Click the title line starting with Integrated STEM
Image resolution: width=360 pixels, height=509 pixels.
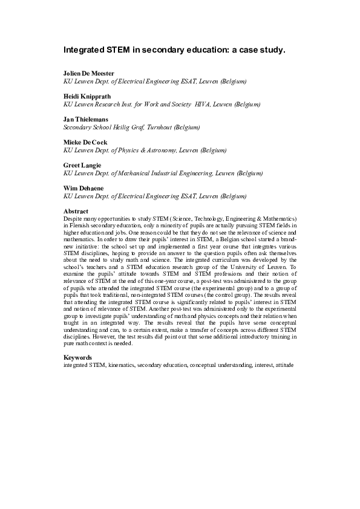pos(174,50)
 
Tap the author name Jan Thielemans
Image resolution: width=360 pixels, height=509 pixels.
pos(86,120)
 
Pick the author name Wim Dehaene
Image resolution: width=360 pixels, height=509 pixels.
pos(83,189)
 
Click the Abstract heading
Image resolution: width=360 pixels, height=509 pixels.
pos(76,211)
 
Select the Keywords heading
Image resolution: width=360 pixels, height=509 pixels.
pos(77,357)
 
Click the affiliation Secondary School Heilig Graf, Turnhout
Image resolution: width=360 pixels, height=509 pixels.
pos(131,127)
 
